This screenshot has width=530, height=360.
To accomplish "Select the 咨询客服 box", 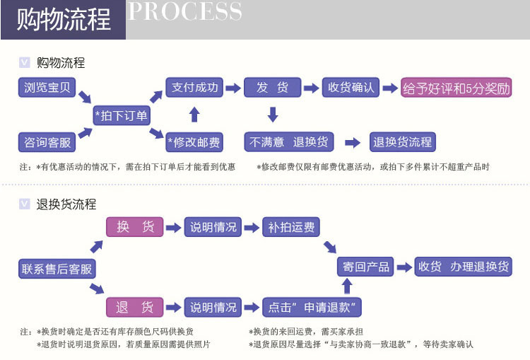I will coord(47,142).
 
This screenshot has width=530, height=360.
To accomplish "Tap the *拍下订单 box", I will coord(121,115).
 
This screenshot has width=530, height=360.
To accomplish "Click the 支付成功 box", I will coord(195,87).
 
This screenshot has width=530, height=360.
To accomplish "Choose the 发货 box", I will coord(272,87).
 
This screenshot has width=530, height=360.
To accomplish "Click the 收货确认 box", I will coord(351,87).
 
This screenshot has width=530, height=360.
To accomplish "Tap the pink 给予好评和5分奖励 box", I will coord(456,88).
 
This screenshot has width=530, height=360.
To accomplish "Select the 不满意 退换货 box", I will coord(289,141).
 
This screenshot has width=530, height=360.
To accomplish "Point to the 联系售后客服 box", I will coord(57,269).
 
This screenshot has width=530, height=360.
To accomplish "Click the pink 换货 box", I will coord(134,227).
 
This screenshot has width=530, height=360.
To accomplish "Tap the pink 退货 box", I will coord(134,307).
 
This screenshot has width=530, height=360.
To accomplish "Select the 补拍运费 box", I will coord(291,227).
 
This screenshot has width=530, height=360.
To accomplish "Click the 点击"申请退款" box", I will coord(312,307).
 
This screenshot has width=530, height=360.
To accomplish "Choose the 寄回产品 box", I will coord(366,267).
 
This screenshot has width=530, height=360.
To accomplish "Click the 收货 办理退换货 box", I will coord(464,267).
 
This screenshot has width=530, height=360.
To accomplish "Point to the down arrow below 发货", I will coord(273,115).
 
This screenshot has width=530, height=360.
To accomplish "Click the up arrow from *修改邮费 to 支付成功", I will coord(195,115).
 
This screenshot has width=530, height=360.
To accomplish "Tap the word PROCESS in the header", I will coord(185,12).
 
